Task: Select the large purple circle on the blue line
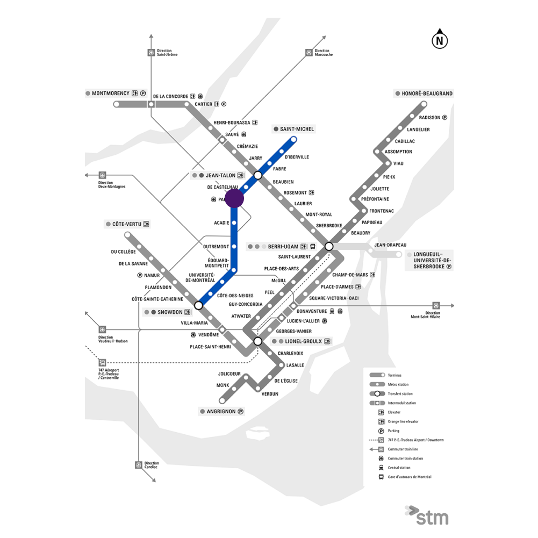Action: tap(234, 198)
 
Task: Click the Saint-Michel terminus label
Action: tap(297, 129)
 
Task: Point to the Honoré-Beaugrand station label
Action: tap(427, 94)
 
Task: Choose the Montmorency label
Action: tap(111, 94)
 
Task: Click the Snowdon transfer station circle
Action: tap(198, 305)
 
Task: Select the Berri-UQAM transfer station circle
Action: tap(329, 247)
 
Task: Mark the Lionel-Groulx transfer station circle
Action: tap(258, 341)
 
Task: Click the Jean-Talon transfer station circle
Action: tap(258, 176)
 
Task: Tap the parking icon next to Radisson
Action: tap(445, 118)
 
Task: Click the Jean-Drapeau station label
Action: tap(390, 245)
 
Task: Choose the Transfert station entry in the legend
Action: tap(397, 393)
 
